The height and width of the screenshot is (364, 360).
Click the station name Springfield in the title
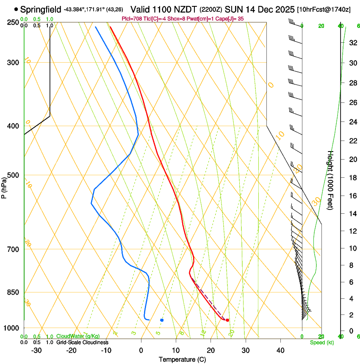click(41, 9)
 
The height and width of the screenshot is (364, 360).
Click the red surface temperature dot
click(227, 320)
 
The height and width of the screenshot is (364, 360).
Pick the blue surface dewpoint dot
click(162, 320)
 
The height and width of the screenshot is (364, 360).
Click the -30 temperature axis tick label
click(36, 350)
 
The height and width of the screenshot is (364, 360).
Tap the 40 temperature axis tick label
click(280, 350)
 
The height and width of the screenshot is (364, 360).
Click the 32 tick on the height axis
click(352, 43)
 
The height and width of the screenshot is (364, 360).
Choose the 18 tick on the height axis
click(352, 178)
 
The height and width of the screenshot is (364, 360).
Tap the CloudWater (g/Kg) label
click(78, 336)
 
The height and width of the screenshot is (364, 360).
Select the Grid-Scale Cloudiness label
click(82, 342)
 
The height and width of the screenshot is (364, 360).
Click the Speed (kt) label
click(321, 342)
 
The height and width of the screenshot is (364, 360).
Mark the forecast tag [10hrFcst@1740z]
click(324, 9)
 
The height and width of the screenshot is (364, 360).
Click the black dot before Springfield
click(16, 9)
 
